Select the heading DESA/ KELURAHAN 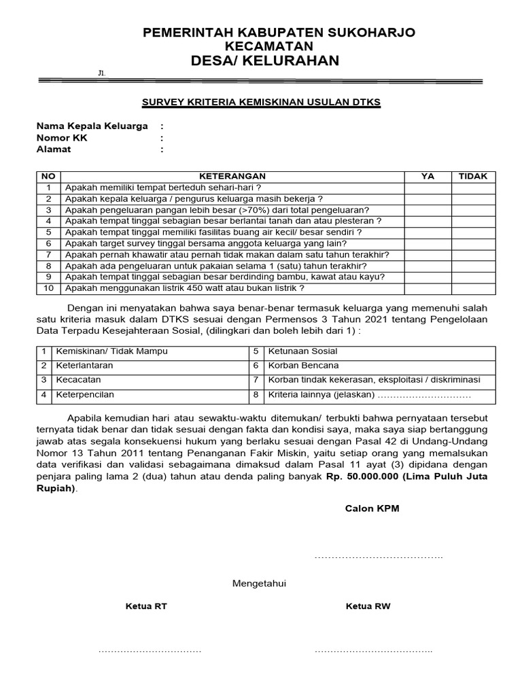tap(265, 61)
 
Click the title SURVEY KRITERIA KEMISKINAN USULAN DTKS tap(261, 102)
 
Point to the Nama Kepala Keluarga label tap(92, 126)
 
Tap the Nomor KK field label tap(62, 138)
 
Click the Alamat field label tap(54, 150)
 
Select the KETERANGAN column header tap(232, 177)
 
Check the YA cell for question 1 tap(428, 188)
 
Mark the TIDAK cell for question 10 tap(473, 288)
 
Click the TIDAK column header tap(473, 177)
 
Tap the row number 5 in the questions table tap(48, 232)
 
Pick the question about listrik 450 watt tap(184, 288)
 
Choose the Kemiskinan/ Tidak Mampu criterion tap(112, 351)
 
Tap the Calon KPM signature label tap(372, 508)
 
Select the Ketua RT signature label tap(146, 606)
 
